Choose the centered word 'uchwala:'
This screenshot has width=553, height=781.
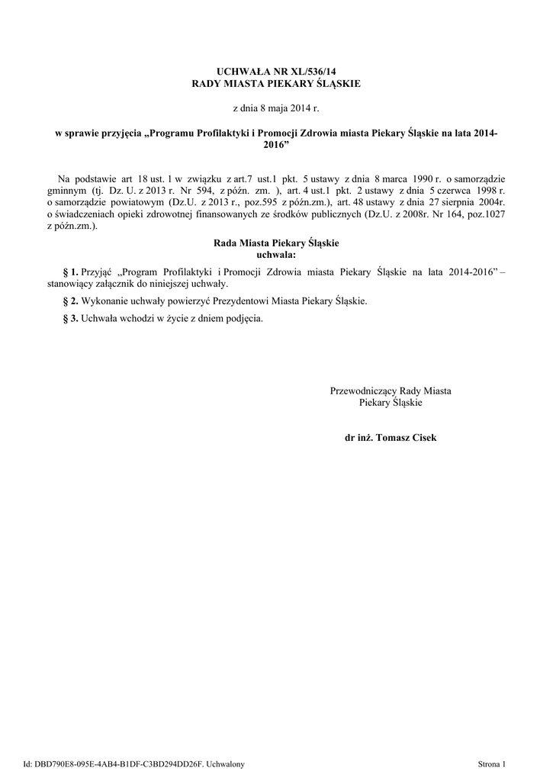275,254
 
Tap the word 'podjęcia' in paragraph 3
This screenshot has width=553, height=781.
245,319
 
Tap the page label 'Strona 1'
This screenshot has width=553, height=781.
491,763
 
